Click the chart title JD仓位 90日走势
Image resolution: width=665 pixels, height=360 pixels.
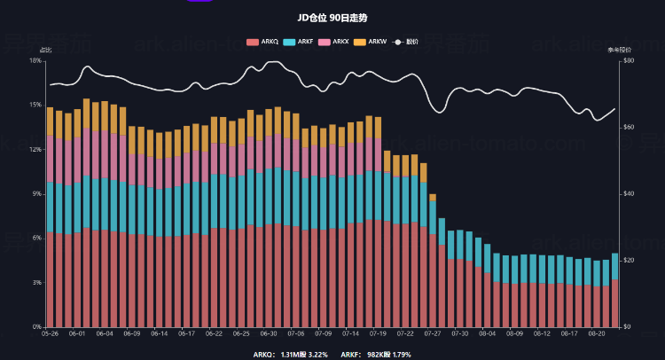333,16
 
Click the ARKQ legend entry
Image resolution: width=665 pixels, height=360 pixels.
262,41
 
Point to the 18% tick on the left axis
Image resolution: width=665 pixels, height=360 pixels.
35,60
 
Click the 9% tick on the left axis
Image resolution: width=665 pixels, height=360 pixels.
36,193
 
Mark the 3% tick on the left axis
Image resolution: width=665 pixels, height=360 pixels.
36,282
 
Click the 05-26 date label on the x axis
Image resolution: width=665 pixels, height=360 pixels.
50,334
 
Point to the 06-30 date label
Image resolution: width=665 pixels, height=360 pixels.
269,334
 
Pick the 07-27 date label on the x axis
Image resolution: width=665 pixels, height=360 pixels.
433,334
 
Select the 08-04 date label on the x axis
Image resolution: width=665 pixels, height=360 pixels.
487,334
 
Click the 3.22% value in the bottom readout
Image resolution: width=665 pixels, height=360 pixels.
317,354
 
